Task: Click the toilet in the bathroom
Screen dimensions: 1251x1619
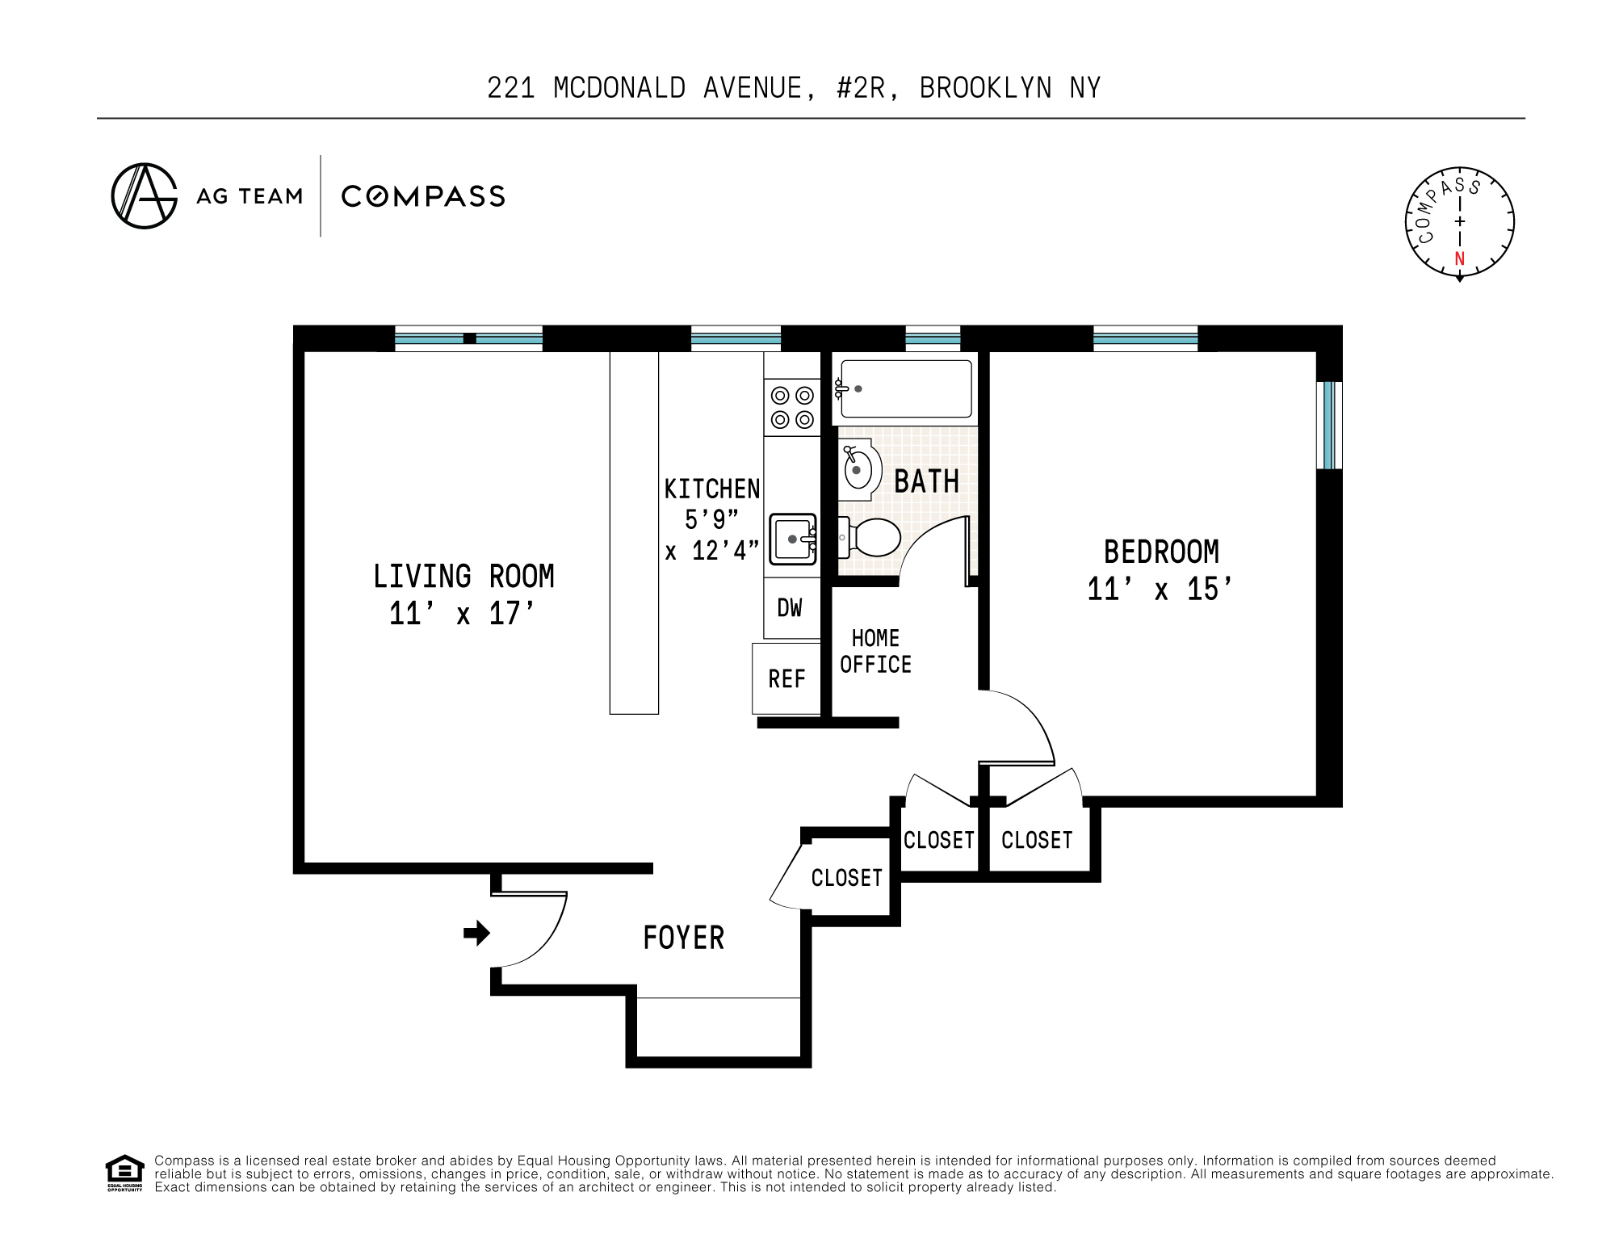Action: [875, 537]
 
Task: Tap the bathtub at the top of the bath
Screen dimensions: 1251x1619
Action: [906, 388]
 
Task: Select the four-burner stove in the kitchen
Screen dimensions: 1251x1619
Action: [791, 407]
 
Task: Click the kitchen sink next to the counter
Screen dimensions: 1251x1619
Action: [793, 539]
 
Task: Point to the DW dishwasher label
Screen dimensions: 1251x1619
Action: [790, 608]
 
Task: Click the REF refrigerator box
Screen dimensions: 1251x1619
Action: [786, 678]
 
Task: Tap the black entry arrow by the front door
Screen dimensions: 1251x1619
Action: [477, 933]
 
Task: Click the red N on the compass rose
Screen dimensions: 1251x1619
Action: [1459, 258]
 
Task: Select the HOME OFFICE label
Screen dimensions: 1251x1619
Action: [875, 651]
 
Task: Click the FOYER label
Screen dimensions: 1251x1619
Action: [683, 938]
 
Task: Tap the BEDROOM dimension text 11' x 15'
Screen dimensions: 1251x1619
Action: [1160, 589]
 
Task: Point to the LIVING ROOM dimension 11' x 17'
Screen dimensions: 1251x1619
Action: [462, 613]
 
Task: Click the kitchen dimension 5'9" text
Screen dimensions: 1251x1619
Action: [711, 519]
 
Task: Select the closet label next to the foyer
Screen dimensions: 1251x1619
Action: [846, 878]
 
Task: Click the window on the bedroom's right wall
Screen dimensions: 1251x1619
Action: [1328, 426]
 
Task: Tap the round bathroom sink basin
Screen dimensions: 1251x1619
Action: [858, 469]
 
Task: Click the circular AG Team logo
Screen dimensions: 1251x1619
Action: [145, 196]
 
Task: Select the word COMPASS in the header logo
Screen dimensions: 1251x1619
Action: [423, 196]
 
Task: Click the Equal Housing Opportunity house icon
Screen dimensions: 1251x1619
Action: [124, 1172]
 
